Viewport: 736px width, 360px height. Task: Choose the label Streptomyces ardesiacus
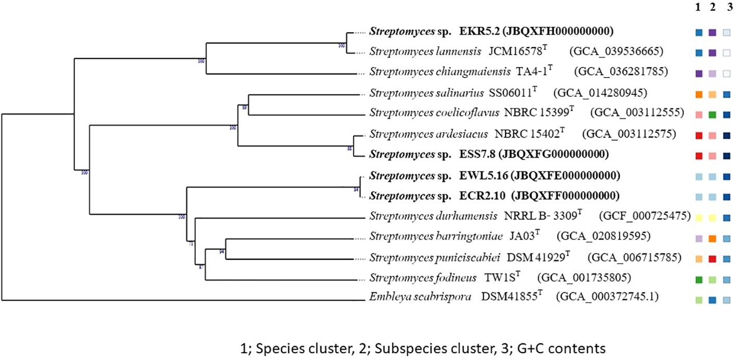coord(429,134)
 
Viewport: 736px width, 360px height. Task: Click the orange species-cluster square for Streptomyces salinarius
coord(699,95)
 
